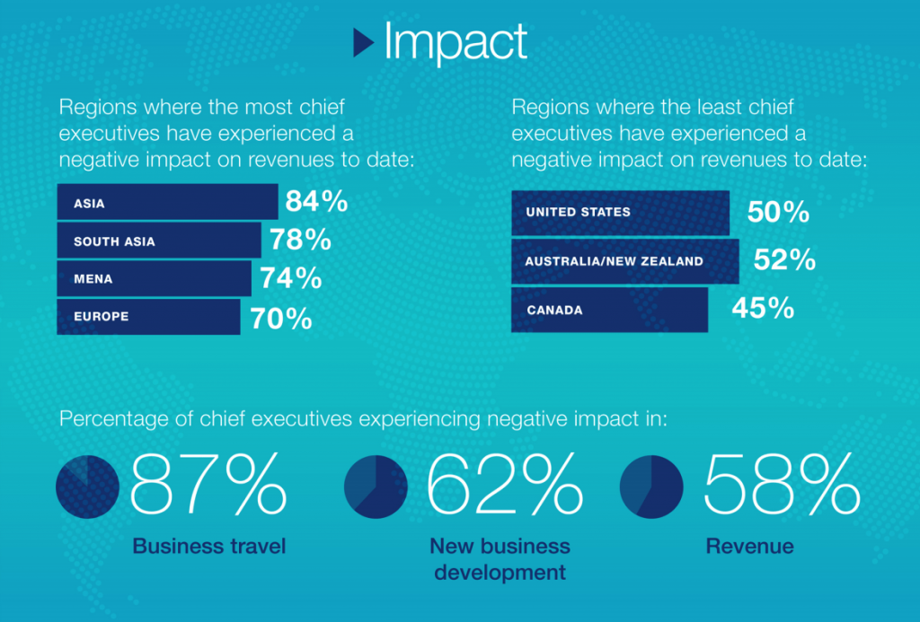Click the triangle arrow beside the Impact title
363,42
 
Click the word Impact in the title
455,42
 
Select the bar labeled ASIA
167,202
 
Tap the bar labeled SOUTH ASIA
159,241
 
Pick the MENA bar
154,278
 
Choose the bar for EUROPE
148,317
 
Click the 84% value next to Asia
316,202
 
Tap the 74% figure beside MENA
290,278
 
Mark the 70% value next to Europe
280,318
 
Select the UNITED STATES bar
620,213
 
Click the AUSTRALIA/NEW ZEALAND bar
624,261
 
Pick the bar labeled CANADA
609,310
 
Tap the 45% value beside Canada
763,309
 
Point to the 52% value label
784,260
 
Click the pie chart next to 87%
87,487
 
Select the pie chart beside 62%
376,487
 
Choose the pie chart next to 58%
650,487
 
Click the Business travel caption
208,546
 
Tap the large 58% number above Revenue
781,486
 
